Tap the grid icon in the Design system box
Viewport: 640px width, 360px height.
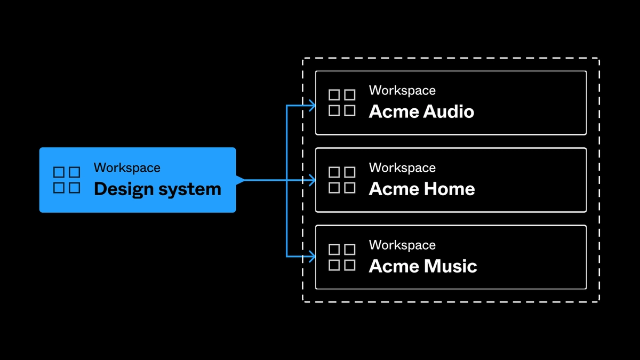click(x=67, y=180)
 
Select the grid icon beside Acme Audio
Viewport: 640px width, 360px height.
click(x=342, y=102)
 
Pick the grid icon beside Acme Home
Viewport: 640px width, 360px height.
click(x=342, y=180)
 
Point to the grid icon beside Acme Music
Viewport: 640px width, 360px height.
click(x=342, y=257)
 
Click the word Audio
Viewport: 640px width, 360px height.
click(x=449, y=111)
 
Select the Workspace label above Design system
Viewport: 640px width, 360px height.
click(x=127, y=167)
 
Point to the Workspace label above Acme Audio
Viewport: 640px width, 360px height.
click(x=402, y=91)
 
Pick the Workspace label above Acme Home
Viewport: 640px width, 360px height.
click(x=402, y=167)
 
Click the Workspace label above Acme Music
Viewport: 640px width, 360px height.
click(x=402, y=245)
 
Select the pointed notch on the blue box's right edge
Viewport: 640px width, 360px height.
click(x=241, y=180)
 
